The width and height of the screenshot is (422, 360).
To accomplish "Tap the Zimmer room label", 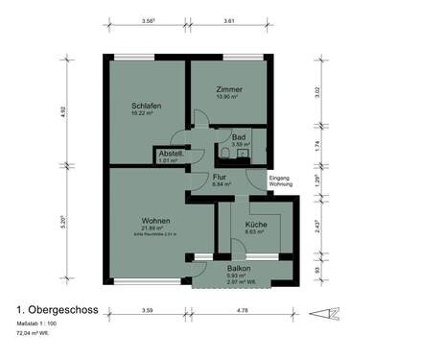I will point(229,89).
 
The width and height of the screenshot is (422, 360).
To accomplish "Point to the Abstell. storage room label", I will point(171,155).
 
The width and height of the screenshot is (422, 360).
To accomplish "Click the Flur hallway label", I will point(219,177).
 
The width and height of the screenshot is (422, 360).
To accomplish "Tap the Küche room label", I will point(255,224).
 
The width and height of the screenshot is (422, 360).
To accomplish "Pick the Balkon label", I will point(240,269).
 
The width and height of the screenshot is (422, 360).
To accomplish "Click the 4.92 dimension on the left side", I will point(90,111).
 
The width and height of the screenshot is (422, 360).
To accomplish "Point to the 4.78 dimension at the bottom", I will point(243,310).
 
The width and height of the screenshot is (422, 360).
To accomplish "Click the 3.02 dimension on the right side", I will point(318,92).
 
